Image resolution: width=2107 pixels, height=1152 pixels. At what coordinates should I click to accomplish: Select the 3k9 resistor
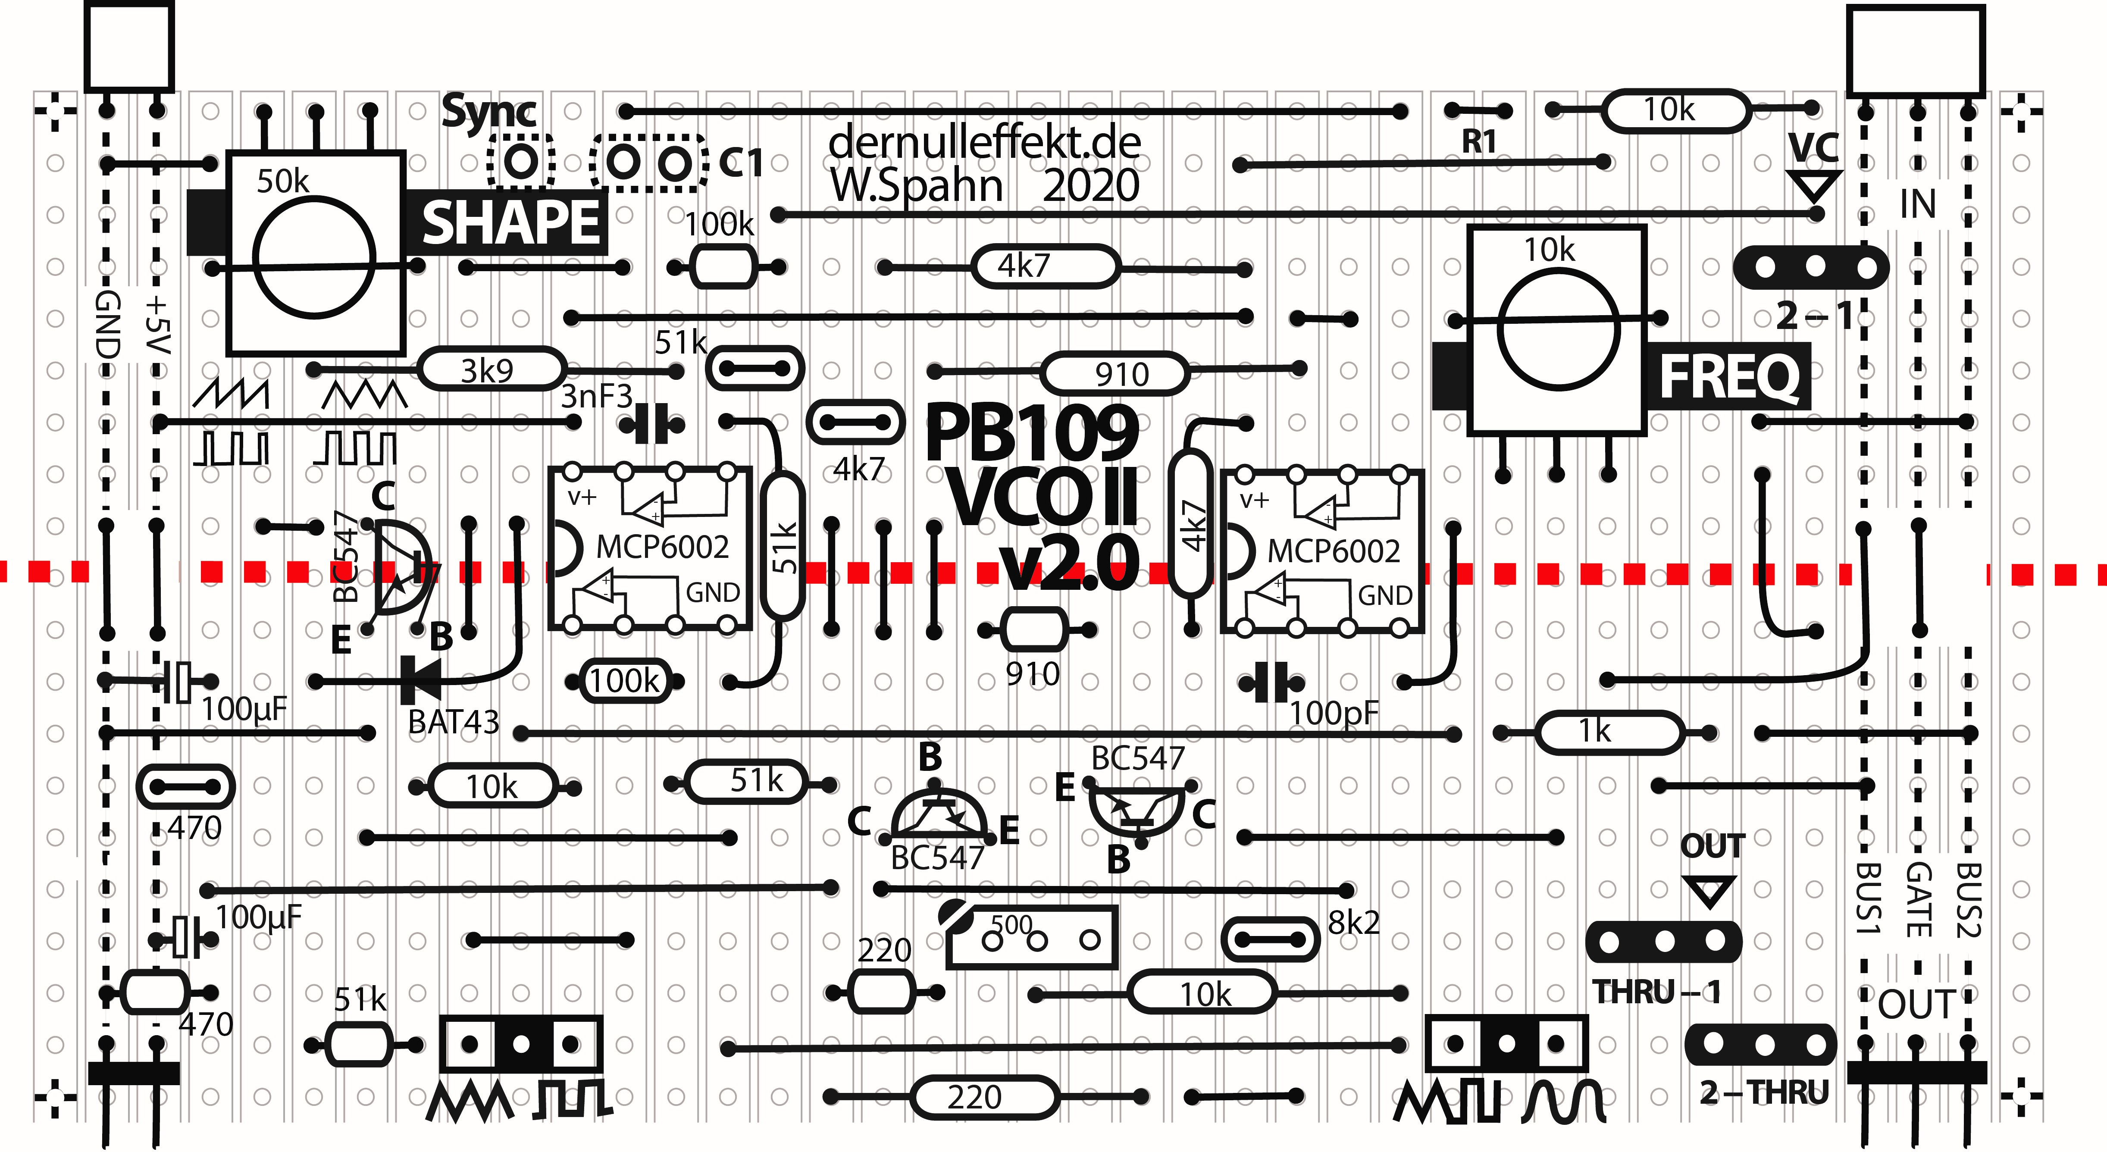489,370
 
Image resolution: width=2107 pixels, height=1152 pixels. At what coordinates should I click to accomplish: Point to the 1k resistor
1607,732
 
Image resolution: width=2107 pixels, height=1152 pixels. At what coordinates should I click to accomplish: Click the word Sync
489,112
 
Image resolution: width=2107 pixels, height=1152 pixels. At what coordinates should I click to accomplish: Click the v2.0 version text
1069,563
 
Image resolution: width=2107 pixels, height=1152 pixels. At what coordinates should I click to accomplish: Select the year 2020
1090,186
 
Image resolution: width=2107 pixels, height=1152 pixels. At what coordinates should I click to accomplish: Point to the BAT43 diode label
453,722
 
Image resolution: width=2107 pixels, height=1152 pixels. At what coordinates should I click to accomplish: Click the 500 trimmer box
1032,938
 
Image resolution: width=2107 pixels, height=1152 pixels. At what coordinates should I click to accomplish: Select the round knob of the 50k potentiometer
314,257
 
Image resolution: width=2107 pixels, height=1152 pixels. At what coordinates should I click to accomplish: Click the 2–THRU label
1763,1092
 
